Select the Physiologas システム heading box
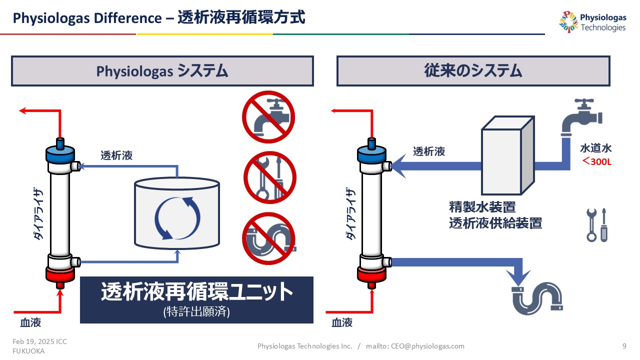[x=162, y=71]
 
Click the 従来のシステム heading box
[x=473, y=71]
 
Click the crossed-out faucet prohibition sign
[x=269, y=117]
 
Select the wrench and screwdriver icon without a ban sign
[x=597, y=225]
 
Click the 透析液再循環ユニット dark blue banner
[x=196, y=299]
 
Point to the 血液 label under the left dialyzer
[x=24, y=322]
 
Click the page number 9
[x=624, y=346]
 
